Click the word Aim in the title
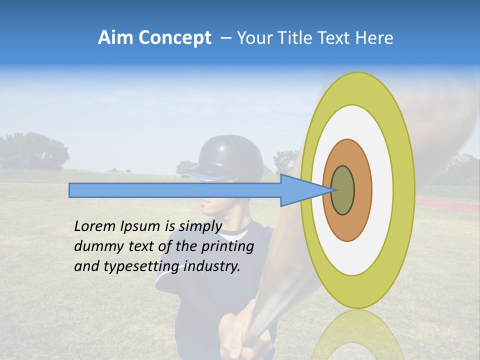(115, 38)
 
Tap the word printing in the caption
(228, 246)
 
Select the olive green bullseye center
(343, 190)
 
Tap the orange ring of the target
(362, 190)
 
